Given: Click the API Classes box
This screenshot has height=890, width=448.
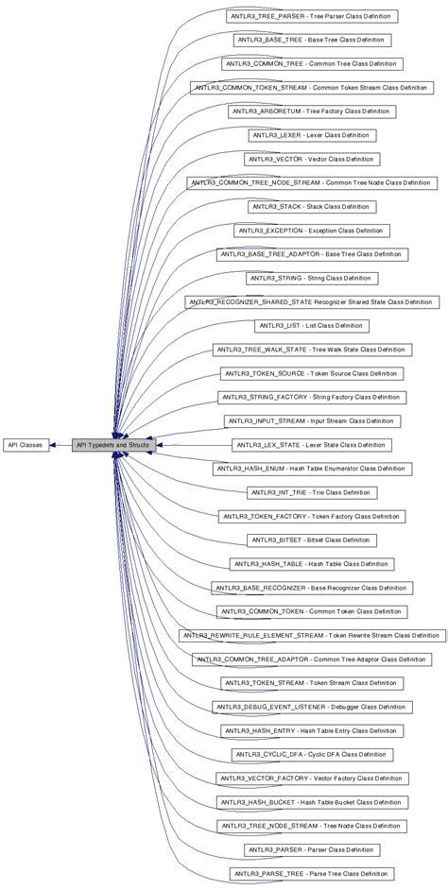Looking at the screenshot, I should tap(25, 444).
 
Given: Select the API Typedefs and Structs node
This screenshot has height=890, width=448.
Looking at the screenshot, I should tap(112, 444).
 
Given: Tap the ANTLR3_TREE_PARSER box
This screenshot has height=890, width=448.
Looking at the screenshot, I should tap(312, 16).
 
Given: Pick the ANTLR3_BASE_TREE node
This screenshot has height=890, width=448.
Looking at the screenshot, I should tap(312, 41).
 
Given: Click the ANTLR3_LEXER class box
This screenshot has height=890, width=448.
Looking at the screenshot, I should tap(312, 135).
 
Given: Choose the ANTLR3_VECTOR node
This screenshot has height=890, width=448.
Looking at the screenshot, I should tap(312, 160).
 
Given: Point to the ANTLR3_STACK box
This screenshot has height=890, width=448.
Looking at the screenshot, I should tap(312, 207).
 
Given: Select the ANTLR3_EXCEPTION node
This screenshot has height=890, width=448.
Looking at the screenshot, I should tap(312, 231).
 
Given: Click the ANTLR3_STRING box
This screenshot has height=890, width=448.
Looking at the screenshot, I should tap(312, 279).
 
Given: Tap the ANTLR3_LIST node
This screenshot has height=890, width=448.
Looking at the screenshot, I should tap(312, 326).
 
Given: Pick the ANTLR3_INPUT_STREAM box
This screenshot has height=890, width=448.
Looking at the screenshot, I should tap(312, 421).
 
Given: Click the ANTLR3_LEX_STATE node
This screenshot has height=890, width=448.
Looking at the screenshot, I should tap(312, 445).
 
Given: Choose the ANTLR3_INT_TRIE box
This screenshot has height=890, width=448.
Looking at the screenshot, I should tap(312, 492).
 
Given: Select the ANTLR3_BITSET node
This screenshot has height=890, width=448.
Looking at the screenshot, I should tap(312, 539).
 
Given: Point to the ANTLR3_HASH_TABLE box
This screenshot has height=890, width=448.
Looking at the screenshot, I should tap(312, 564).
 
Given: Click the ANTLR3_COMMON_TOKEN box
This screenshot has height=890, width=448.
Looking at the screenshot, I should tap(312, 611).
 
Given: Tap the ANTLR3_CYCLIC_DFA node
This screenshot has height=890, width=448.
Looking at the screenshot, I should tap(312, 754).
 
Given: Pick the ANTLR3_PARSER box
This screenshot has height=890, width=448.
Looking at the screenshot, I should tap(312, 849).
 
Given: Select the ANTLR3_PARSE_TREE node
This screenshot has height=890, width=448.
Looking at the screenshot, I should tap(312, 873).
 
